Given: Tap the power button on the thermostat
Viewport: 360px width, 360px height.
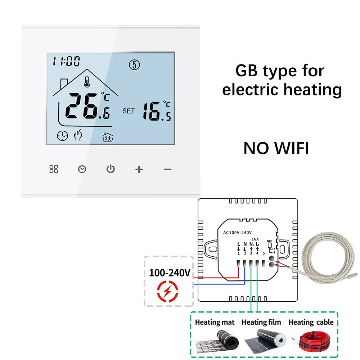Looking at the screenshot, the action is [x=110, y=169].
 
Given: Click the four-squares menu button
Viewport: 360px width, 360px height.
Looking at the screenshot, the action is [x=53, y=169].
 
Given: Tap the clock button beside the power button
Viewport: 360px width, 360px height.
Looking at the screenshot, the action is [x=82, y=169].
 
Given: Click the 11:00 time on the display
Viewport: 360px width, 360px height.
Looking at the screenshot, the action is [x=67, y=62].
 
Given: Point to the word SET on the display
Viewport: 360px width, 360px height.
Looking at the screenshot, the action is [x=129, y=111].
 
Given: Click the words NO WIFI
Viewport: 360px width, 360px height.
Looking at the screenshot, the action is [x=276, y=148].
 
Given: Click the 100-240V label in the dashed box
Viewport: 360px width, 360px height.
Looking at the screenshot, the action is [x=169, y=273].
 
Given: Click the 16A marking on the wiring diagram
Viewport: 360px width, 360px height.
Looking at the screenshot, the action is [x=255, y=238].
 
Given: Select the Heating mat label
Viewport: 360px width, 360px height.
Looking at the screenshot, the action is [x=215, y=322].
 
